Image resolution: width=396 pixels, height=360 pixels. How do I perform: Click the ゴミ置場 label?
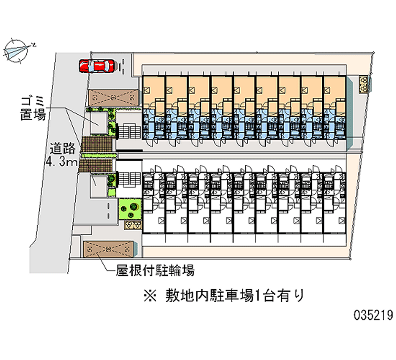pyautogui.click(x=33, y=107)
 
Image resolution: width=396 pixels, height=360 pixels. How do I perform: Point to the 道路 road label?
pyautogui.click(x=62, y=149)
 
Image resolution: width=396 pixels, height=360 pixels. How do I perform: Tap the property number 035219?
pyautogui.click(x=374, y=315)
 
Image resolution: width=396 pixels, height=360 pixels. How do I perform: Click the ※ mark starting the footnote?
pyautogui.click(x=149, y=296)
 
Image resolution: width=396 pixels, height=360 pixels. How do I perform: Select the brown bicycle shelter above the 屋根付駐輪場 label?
pyautogui.click(x=108, y=249)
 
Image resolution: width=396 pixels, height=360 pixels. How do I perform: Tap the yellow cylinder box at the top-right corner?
pyautogui.click(x=364, y=83)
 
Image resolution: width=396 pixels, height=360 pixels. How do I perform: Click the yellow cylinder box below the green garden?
pyautogui.click(x=132, y=225)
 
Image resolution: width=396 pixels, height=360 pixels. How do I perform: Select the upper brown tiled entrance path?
pyautogui.click(x=98, y=145)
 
